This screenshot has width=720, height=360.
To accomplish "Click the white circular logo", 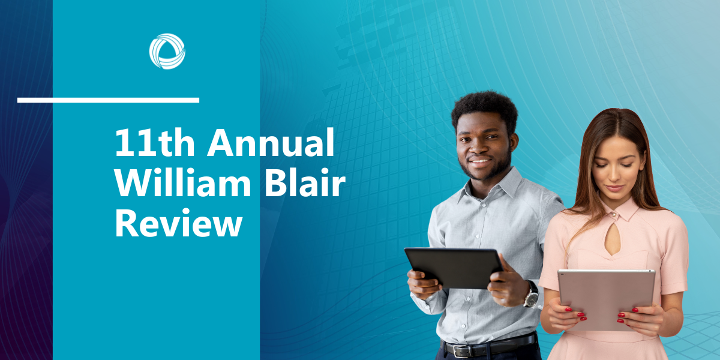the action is [167, 52].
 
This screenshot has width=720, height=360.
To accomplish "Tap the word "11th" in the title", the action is [155, 142].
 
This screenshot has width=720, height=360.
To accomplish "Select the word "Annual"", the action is [271, 142].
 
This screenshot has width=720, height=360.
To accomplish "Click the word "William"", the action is [183, 182].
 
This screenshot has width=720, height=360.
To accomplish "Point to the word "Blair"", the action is [305, 182].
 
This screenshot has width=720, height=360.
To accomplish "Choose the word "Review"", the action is [179, 223].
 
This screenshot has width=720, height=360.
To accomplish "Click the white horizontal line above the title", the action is [109, 100].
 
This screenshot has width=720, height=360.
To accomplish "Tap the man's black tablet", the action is [454, 268].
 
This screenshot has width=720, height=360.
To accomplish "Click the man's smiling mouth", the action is [479, 161].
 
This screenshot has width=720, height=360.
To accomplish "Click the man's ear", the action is [514, 142].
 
